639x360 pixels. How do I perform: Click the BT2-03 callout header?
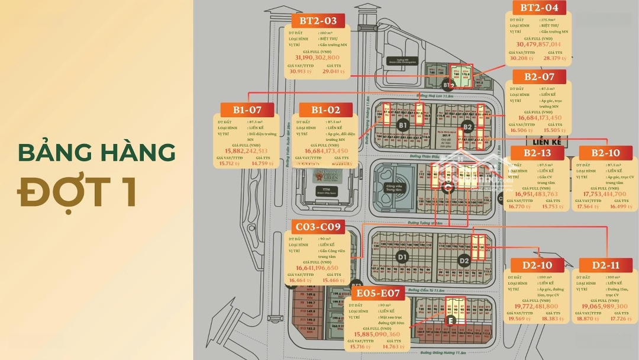[x=318, y=21]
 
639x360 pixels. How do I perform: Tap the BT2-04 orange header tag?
[x=540, y=8]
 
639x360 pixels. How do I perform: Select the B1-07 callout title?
[x=247, y=110]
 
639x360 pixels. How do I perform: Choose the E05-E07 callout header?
[x=378, y=293]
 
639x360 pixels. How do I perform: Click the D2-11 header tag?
[x=604, y=265]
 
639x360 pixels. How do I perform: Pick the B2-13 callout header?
[x=537, y=152]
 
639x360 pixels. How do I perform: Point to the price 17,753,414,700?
[x=605, y=194]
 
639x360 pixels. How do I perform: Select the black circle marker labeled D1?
[x=402, y=257]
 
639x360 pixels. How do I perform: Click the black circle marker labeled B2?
[x=467, y=126]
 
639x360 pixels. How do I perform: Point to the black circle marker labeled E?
[x=451, y=320]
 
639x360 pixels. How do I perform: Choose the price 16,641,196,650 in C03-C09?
[x=318, y=268]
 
